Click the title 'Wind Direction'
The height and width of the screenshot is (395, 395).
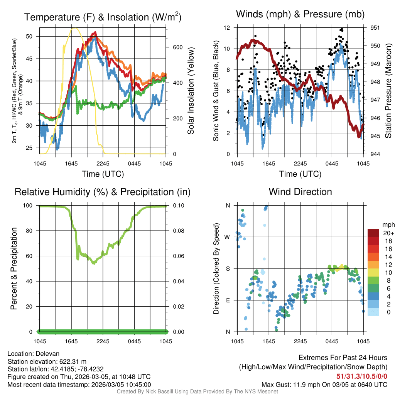[300, 192]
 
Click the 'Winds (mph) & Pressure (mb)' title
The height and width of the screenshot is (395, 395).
[300, 15]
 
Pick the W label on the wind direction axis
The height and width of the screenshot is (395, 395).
[228, 237]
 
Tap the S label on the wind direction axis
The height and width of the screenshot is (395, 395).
[228, 268]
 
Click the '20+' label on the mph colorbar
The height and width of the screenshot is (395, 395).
[388, 233]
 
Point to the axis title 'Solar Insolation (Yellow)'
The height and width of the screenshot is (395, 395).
[191, 91]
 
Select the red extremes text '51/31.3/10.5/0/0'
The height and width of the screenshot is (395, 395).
[362, 376]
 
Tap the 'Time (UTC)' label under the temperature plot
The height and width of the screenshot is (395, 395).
[103, 174]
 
